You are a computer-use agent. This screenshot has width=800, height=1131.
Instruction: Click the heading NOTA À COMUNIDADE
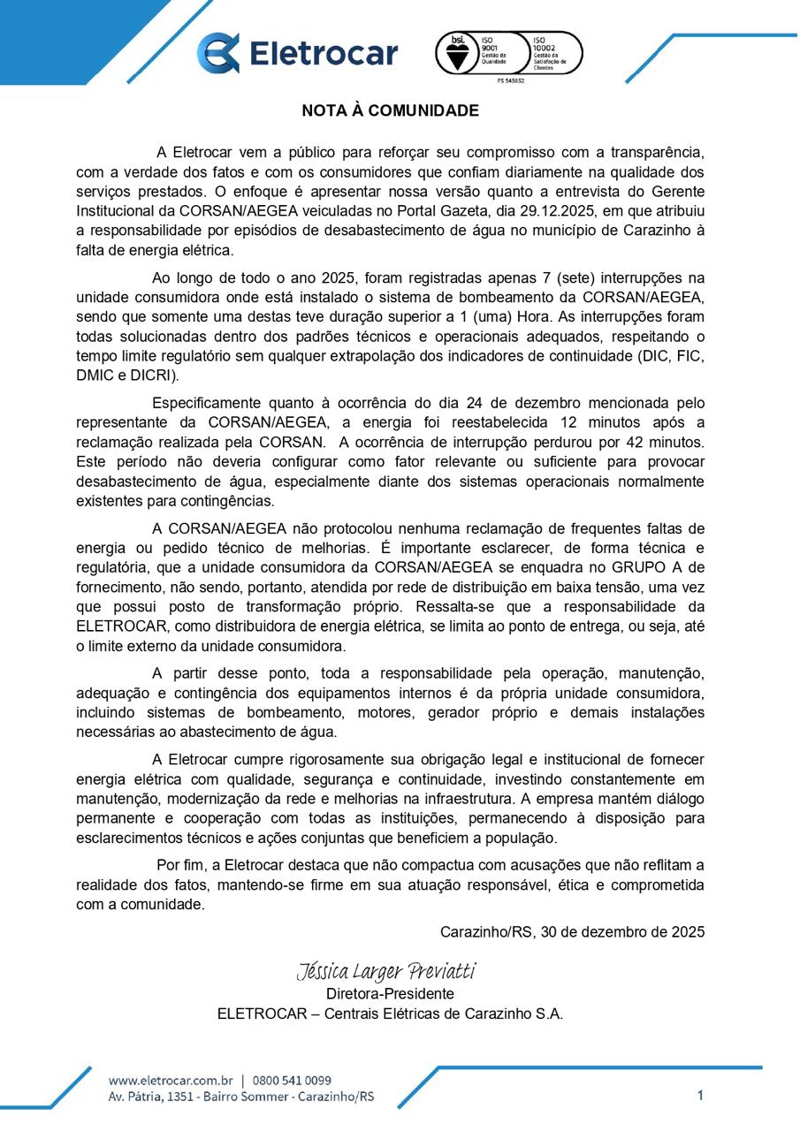click(x=390, y=110)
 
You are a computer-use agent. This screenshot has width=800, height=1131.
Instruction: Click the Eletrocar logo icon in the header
click(x=217, y=53)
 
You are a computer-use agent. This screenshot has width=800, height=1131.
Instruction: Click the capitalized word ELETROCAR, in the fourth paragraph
click(x=122, y=626)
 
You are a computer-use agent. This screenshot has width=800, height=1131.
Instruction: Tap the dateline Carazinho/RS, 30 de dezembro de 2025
click(x=572, y=931)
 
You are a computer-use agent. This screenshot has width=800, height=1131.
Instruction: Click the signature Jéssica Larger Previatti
click(x=386, y=972)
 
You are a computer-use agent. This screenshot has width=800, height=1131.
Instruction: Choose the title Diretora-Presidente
click(x=390, y=994)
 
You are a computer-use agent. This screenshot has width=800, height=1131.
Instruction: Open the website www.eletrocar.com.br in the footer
click(x=171, y=1081)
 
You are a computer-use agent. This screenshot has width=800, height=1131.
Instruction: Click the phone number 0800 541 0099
click(x=292, y=1081)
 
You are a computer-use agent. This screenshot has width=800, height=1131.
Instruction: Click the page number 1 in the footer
click(x=700, y=1096)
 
